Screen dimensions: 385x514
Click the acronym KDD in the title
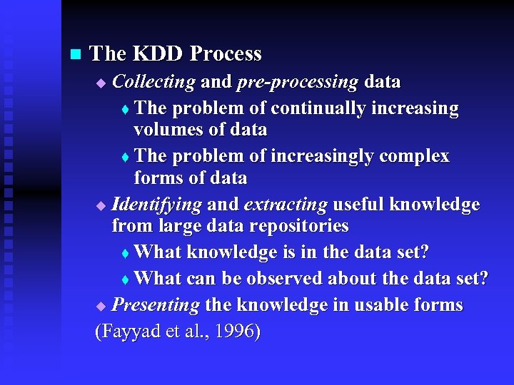click(x=159, y=53)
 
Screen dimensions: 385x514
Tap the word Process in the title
click(x=227, y=53)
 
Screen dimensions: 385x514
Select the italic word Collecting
click(x=153, y=82)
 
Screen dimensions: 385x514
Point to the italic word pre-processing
click(x=297, y=82)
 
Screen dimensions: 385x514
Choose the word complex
click(x=420, y=156)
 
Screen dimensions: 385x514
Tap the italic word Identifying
click(x=157, y=205)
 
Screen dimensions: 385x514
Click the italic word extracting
click(x=286, y=205)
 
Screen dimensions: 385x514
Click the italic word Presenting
click(x=156, y=305)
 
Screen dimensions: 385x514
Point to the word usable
click(x=379, y=305)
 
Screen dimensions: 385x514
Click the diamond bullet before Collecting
click(x=100, y=83)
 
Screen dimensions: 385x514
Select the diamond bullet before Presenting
click(x=100, y=307)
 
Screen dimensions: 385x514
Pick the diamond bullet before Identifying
click(x=100, y=207)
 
